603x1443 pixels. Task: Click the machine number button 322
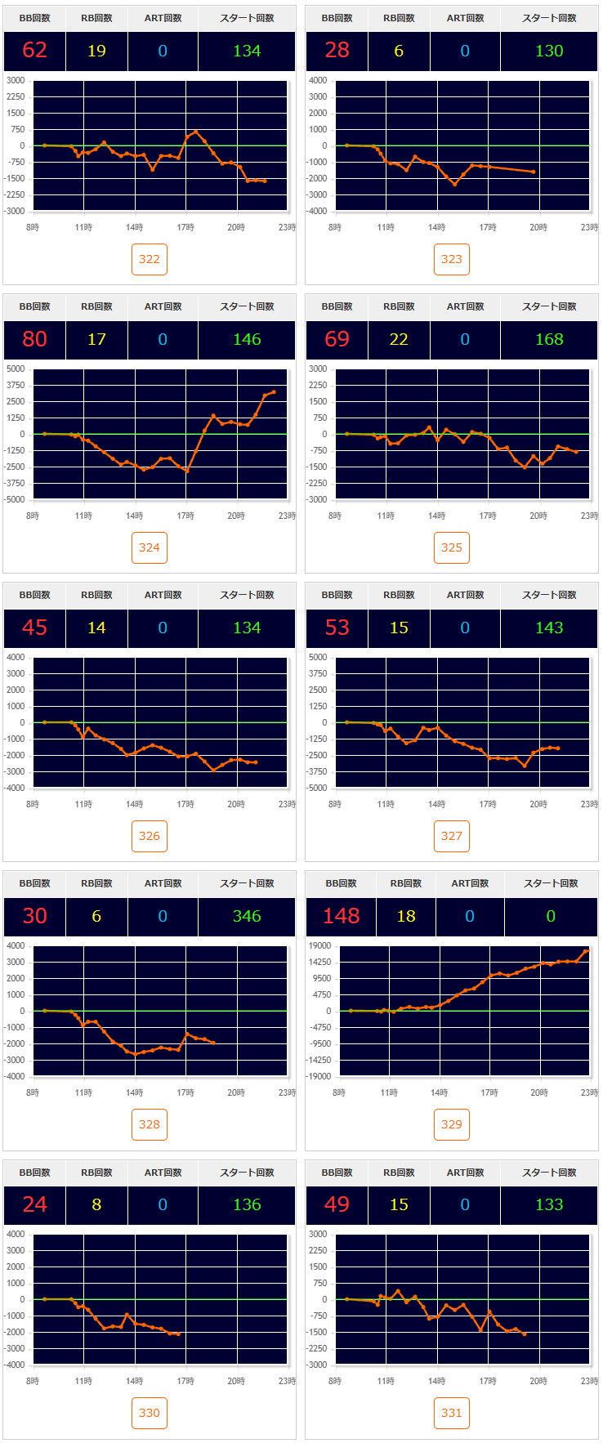(x=149, y=259)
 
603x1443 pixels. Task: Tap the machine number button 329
(x=451, y=1124)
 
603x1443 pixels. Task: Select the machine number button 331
(x=451, y=1413)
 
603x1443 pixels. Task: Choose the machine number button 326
(x=149, y=836)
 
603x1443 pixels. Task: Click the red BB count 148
(x=341, y=916)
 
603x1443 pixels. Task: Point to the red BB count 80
(x=34, y=339)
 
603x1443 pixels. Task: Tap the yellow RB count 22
(x=399, y=339)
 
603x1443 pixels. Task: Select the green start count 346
(x=247, y=916)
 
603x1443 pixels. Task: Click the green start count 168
(x=549, y=339)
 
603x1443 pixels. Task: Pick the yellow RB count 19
(x=96, y=51)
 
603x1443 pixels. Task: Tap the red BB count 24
(x=34, y=1204)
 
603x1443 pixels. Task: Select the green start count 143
(x=549, y=628)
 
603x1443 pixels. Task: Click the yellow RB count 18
(x=406, y=916)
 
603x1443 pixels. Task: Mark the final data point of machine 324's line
(x=274, y=392)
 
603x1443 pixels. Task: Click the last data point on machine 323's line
(x=534, y=172)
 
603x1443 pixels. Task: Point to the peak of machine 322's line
(x=195, y=131)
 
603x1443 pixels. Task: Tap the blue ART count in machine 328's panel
(x=163, y=916)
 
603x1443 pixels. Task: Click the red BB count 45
(x=34, y=628)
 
